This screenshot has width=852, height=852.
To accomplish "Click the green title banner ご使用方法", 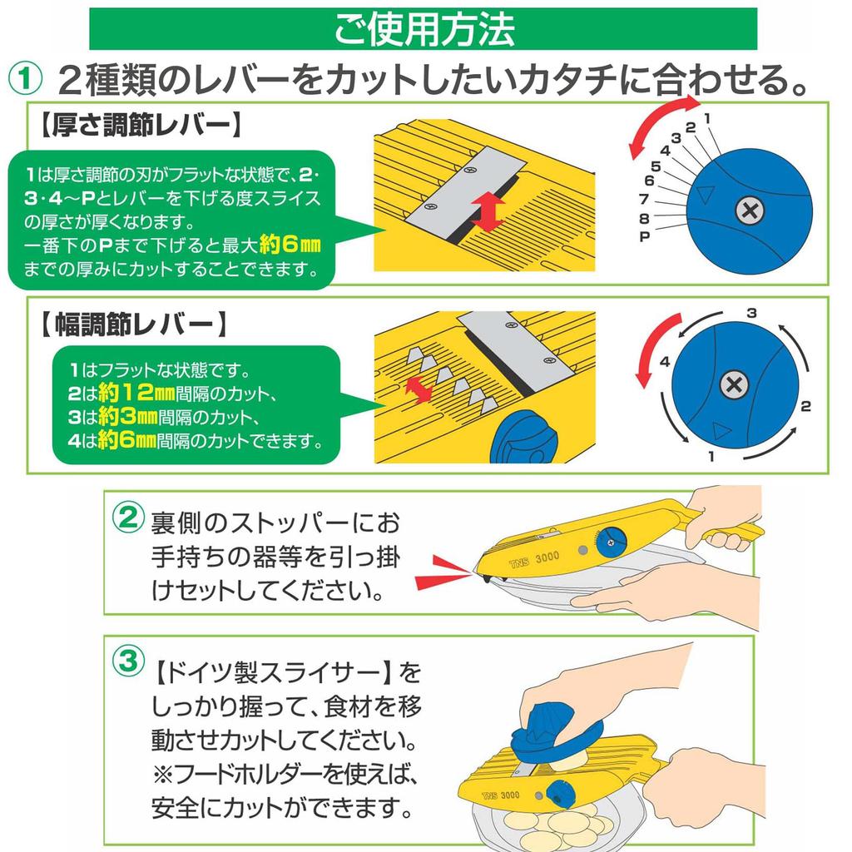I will pos(424,28).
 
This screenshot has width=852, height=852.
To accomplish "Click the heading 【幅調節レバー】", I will pos(133,324).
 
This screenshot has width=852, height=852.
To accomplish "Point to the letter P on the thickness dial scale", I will pos(644,237).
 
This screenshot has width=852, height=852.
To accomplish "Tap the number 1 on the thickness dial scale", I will pos(706,118).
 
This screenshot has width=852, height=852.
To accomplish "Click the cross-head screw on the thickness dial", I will pos(750,211).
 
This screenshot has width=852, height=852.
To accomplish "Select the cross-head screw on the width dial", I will pos(732,384).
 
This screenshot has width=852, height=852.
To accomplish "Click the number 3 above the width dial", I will pos(750,314).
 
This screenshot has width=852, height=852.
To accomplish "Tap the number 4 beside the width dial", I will pos(665,362).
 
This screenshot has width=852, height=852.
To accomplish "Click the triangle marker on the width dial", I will pos(721,430).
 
